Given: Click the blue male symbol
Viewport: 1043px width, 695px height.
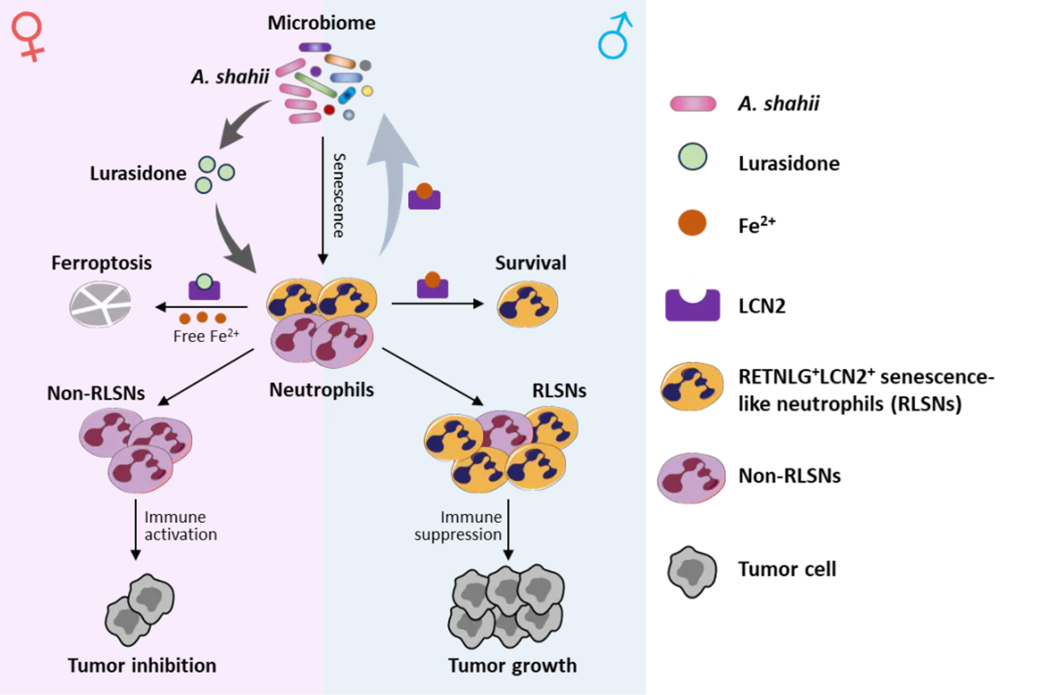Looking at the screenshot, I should point(615,36).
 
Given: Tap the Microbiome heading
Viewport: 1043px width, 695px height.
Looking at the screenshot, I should point(321,23).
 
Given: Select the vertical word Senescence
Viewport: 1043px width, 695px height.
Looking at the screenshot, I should point(338,195).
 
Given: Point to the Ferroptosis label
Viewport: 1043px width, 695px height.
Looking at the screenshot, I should point(102,263).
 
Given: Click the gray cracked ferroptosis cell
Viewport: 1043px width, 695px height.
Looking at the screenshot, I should point(100,304).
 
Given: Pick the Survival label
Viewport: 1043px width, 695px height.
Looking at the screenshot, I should point(530,263).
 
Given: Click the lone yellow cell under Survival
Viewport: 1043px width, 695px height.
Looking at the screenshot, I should point(527,304).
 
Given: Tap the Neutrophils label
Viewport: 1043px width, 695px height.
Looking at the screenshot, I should point(322,390).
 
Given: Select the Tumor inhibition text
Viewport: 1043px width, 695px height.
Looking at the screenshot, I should point(142,665).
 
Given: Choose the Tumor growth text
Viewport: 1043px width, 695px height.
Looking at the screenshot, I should point(512,665).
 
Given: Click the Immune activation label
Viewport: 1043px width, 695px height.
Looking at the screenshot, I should point(180,526).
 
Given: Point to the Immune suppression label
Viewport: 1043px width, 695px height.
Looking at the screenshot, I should point(458,526).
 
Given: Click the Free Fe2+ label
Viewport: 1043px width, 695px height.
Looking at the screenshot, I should point(206,336).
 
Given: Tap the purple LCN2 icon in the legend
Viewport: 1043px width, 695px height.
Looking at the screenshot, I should point(693,305).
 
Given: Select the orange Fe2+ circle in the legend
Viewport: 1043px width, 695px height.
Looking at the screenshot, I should point(692,223).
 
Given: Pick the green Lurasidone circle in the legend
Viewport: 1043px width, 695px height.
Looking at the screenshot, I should point(693,157).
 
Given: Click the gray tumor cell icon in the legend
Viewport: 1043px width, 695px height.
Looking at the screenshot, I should point(692,571).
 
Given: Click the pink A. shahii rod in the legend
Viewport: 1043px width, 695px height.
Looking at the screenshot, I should point(693,103).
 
